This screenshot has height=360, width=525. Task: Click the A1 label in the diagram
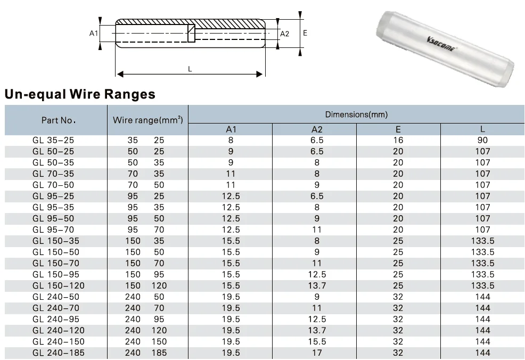pyautogui.click(x=94, y=33)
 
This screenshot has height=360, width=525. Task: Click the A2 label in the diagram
pyautogui.click(x=285, y=34)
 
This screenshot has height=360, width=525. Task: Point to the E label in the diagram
pyautogui.click(x=305, y=32)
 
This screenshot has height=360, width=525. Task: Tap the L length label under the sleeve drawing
pyautogui.click(x=190, y=69)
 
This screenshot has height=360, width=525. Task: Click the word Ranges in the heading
pyautogui.click(x=126, y=94)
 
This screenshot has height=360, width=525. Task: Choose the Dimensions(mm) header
pyautogui.click(x=356, y=114)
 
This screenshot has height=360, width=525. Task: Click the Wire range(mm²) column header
pyautogui.click(x=148, y=120)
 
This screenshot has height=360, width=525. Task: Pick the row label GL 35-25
pyautogui.click(x=53, y=140)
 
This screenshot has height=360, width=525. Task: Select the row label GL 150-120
pyautogui.click(x=59, y=285)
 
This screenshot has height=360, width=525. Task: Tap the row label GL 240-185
pyautogui.click(x=59, y=353)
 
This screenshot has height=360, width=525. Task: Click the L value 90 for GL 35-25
pyautogui.click(x=482, y=140)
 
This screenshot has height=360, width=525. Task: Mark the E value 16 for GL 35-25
pyautogui.click(x=398, y=140)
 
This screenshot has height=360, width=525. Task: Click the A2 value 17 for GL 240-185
pyautogui.click(x=317, y=353)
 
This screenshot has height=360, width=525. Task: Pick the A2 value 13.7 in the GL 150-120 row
pyautogui.click(x=317, y=285)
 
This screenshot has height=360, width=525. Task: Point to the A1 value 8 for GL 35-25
pyautogui.click(x=231, y=140)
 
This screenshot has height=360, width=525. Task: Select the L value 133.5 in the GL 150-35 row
pyautogui.click(x=482, y=241)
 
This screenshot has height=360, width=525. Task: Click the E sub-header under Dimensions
pyautogui.click(x=398, y=129)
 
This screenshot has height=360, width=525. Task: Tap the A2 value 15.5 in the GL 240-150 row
pyautogui.click(x=317, y=341)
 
